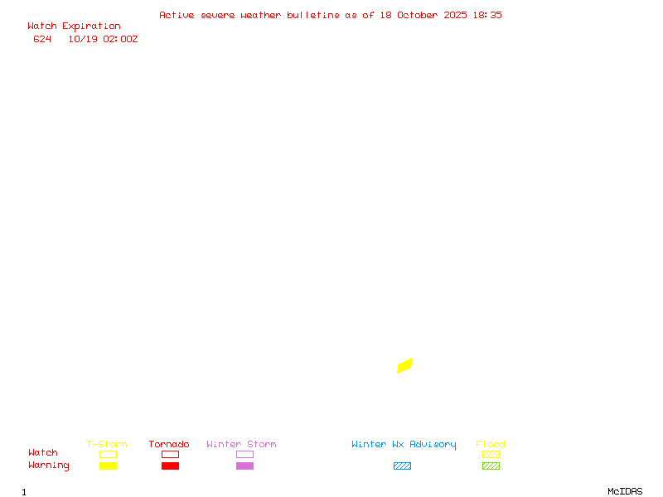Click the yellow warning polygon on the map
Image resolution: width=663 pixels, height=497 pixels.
point(405,365)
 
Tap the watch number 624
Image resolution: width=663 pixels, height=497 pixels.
point(42,39)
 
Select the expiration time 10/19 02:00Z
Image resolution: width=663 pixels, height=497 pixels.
point(103,39)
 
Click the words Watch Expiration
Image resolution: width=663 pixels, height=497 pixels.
point(74,27)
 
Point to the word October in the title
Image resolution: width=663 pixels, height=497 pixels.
point(422,15)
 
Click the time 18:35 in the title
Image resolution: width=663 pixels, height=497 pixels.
point(487,15)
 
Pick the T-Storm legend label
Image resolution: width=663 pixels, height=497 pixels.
point(107,445)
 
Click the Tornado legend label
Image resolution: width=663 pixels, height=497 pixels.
point(169,445)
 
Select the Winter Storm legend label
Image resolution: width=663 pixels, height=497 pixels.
point(241,445)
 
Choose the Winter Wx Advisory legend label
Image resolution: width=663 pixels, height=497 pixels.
point(404,445)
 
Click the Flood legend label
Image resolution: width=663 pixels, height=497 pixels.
point(491,445)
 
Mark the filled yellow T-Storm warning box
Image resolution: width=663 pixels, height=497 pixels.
point(108,466)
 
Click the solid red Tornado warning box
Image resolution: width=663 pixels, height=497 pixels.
point(170,466)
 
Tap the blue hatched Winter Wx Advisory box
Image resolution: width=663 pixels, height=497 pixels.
point(402,466)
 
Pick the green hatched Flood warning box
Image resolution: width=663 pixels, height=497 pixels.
point(491,466)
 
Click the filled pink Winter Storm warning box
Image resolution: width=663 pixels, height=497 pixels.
point(244,466)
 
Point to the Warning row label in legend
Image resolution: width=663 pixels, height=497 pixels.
point(49,466)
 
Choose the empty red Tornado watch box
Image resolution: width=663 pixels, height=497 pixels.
point(170,454)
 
